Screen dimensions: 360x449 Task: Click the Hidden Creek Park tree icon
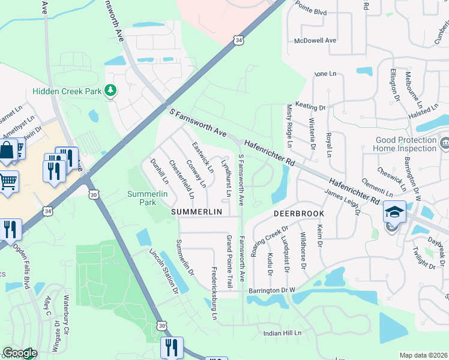110,90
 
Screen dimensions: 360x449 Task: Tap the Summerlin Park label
142,198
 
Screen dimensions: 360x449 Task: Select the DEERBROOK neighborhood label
299,213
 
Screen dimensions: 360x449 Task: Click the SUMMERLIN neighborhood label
197,212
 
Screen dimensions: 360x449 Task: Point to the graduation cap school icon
394,212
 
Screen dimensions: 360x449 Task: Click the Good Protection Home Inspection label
405,144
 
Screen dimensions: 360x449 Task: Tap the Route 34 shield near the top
240,40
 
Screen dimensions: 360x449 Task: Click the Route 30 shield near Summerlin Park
92,194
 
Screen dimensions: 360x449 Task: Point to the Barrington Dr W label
272,290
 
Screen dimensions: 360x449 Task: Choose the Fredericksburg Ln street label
214,293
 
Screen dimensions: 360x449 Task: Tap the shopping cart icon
8,181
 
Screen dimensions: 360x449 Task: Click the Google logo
19,353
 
